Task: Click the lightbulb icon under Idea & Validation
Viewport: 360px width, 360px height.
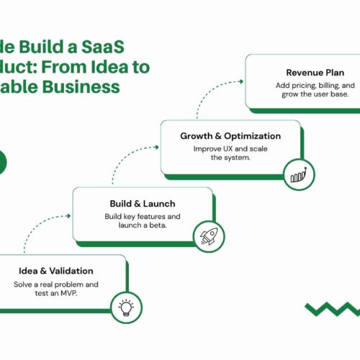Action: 127,308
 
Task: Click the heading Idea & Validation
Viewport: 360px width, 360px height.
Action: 55,271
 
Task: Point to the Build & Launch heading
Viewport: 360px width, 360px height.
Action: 143,204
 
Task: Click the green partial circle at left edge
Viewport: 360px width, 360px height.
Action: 2,163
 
